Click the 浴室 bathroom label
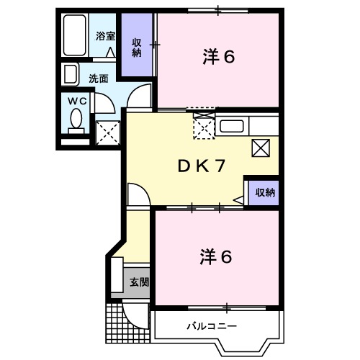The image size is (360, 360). pos(105,36)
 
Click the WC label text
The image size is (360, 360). pos(76,102)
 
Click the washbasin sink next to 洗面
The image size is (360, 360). pos(71,75)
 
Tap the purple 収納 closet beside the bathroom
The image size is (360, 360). pos(135,48)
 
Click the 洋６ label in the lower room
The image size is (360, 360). pos(216,256)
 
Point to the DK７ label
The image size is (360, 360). pos(202,165)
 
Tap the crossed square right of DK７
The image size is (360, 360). pos(261,149)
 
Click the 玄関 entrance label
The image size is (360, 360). pos(139,282)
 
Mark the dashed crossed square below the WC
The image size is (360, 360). pos(107,132)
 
